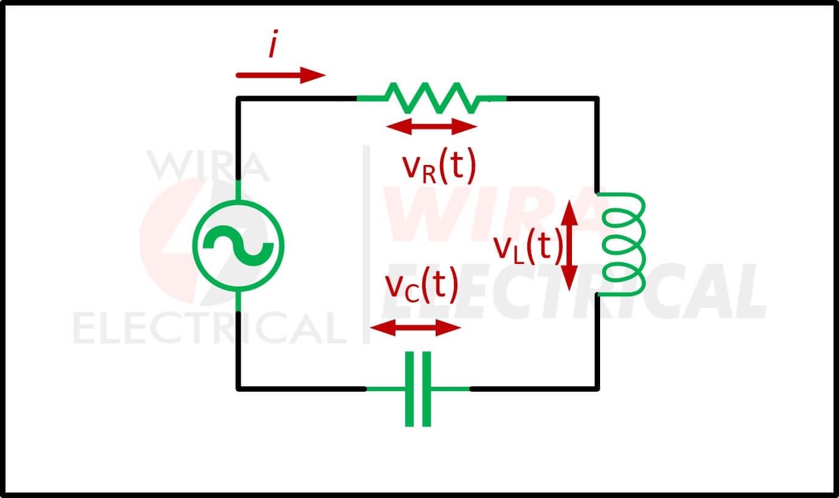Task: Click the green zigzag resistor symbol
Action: pyautogui.click(x=431, y=98)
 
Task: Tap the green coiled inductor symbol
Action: pyautogui.click(x=623, y=244)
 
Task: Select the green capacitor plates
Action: pyautogui.click(x=418, y=389)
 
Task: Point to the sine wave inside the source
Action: pyautogui.click(x=238, y=246)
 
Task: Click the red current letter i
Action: pyautogui.click(x=274, y=43)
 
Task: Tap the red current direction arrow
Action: pyautogui.click(x=280, y=75)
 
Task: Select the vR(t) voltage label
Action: pyautogui.click(x=439, y=166)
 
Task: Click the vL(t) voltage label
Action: pyautogui.click(x=529, y=246)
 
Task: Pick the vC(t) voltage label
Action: pyautogui.click(x=422, y=285)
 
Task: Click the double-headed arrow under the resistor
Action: pyautogui.click(x=431, y=126)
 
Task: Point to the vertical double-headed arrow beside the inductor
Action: pyautogui.click(x=570, y=246)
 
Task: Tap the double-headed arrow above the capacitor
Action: pyautogui.click(x=415, y=328)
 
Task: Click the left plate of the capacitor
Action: pyautogui.click(x=409, y=389)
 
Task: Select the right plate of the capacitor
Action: pyautogui.click(x=427, y=389)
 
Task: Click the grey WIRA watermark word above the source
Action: pyautogui.click(x=208, y=166)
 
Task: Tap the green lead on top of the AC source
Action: pyautogui.click(x=238, y=190)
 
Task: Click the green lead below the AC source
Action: pyautogui.click(x=238, y=301)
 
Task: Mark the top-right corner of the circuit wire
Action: pyautogui.click(x=597, y=98)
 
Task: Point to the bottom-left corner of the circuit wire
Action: pyautogui.click(x=238, y=389)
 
